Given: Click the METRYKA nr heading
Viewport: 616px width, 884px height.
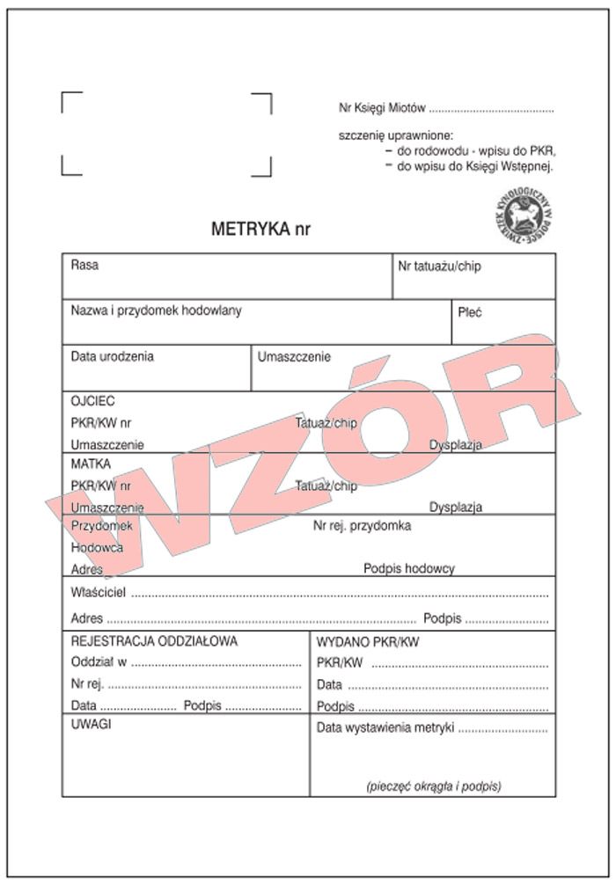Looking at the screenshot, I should click(260, 229).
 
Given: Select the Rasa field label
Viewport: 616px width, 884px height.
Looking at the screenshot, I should click(84, 265).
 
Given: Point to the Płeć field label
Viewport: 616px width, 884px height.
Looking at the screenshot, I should click(469, 311).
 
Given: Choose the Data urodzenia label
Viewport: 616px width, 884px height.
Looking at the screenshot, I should click(112, 356).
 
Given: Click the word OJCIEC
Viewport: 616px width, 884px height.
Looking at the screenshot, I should click(92, 400).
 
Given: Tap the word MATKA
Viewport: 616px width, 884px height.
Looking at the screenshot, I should click(90, 464).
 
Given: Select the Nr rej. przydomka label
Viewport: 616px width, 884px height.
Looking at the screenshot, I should click(362, 526).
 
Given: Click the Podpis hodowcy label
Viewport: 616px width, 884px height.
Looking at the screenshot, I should click(409, 568).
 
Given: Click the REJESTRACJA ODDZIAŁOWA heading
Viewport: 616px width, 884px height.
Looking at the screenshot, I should click(153, 641).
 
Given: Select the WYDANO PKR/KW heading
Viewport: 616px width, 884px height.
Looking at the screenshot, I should click(367, 642).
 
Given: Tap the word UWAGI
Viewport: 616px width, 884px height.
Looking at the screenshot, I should click(90, 725).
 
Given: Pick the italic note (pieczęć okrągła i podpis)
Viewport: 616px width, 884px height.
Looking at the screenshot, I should click(433, 785).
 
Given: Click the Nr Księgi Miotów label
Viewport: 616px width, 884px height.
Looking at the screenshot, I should click(382, 109).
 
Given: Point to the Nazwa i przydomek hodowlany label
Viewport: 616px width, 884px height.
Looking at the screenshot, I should click(156, 310).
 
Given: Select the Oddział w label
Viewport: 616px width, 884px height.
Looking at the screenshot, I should click(99, 661).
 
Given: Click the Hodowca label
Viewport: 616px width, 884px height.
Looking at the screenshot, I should click(97, 547).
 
